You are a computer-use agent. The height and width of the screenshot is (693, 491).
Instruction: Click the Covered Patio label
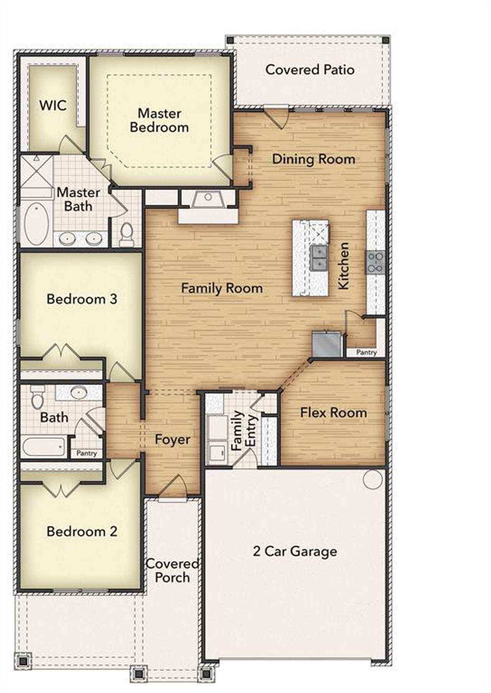pos(310,70)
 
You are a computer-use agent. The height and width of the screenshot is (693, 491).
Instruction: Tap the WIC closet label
pos(53,105)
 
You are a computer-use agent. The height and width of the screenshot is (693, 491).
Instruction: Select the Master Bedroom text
pos(159,120)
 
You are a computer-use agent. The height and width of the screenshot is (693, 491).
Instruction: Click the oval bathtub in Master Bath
pos(36,224)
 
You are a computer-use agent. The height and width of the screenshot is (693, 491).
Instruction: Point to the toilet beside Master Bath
pos(126,235)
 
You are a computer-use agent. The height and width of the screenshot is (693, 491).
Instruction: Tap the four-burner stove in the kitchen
pos(375,262)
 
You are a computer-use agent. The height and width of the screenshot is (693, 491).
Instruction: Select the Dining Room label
pos(313,159)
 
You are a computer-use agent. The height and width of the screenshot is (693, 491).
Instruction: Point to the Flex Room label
pos(333,413)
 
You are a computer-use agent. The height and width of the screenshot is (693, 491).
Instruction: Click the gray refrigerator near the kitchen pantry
pos(327,344)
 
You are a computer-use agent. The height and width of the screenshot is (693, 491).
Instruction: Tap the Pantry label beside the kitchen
pos(366,352)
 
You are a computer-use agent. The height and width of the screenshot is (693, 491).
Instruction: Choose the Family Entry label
pos(243,430)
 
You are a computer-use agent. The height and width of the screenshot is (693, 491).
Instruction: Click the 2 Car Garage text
pos(295,551)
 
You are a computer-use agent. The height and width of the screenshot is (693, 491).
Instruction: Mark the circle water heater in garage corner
pos(372,479)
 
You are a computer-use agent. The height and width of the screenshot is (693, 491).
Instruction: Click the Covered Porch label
pos(172,571)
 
